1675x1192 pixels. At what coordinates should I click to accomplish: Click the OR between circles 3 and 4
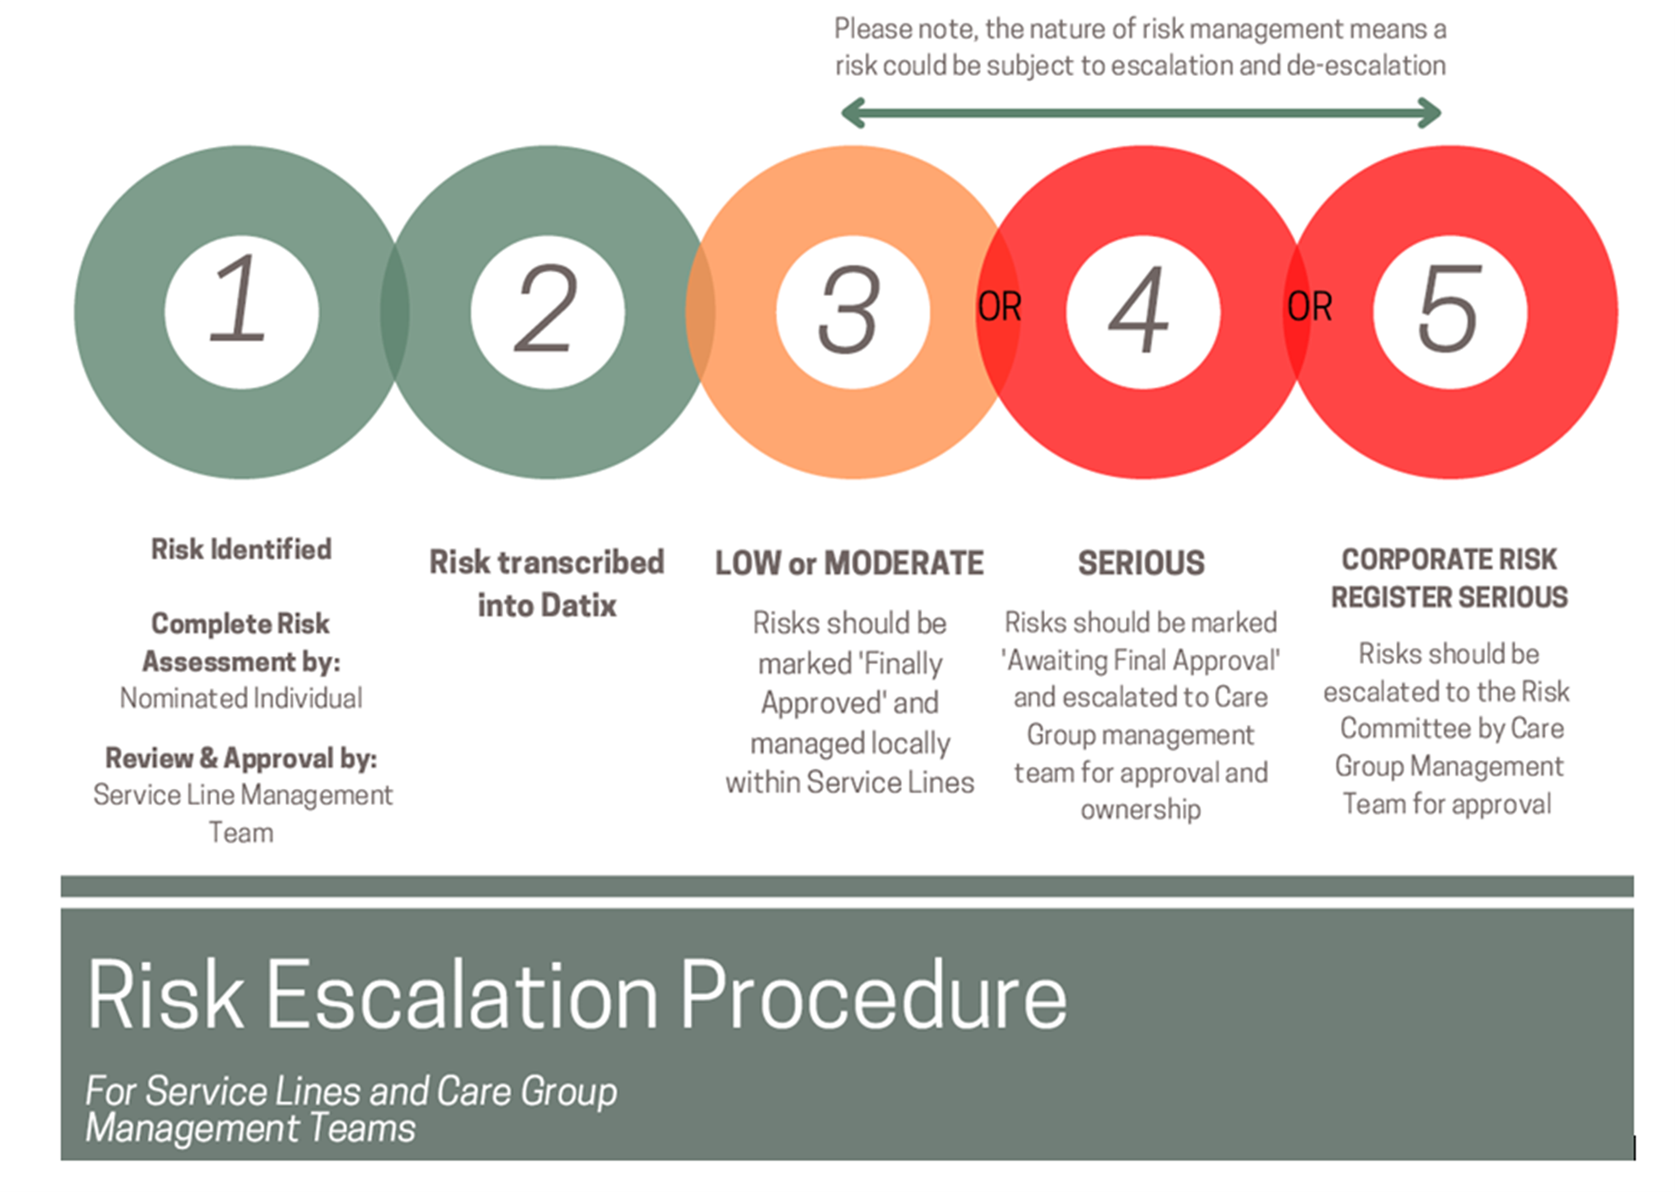999,307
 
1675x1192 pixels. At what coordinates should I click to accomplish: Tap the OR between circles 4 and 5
1309,307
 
